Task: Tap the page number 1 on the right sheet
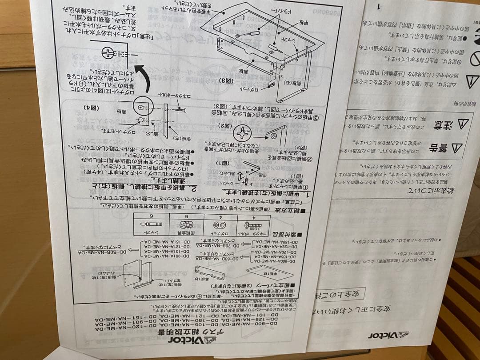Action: pos(379,7)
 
